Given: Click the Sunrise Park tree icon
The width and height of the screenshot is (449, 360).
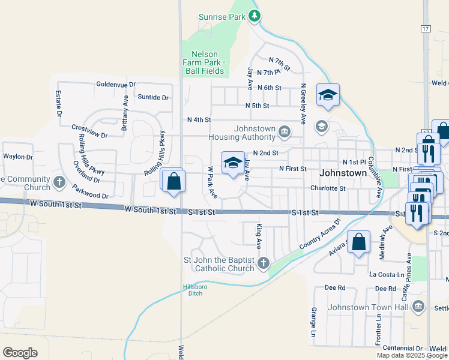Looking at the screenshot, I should click(255, 16).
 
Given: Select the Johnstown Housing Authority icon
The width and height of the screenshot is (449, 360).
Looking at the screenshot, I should click(285, 131).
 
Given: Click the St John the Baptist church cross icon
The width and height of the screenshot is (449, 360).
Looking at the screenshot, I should click(262, 263).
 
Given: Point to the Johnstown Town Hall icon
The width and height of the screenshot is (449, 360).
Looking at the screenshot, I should click(419, 307).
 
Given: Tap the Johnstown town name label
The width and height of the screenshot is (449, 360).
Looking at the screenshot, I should click(343, 173).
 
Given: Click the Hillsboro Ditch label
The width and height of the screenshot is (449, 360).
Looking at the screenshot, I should click(194, 290).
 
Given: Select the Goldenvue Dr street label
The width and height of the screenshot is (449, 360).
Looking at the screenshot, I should click(116, 85).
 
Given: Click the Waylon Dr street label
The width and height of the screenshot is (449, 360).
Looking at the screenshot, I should click(17, 157).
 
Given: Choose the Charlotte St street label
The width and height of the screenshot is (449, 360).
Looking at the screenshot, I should click(328, 188).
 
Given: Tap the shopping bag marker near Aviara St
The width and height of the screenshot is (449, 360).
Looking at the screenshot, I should click(358, 243).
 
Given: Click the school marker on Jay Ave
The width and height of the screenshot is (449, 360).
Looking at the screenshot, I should click(233, 163).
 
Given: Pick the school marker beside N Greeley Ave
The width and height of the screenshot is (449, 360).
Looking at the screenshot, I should click(328, 95).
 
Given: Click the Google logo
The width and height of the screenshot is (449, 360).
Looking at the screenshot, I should click(20, 353).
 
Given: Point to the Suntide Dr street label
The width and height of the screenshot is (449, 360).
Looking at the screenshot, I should click(153, 97).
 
